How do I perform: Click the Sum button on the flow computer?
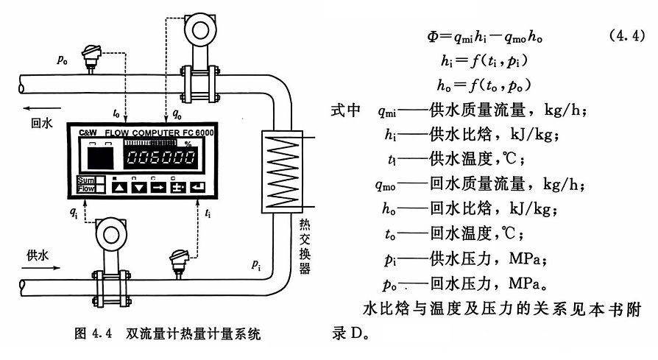click(85, 180)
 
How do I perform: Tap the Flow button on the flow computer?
click(85, 189)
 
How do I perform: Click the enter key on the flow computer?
click(197, 186)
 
